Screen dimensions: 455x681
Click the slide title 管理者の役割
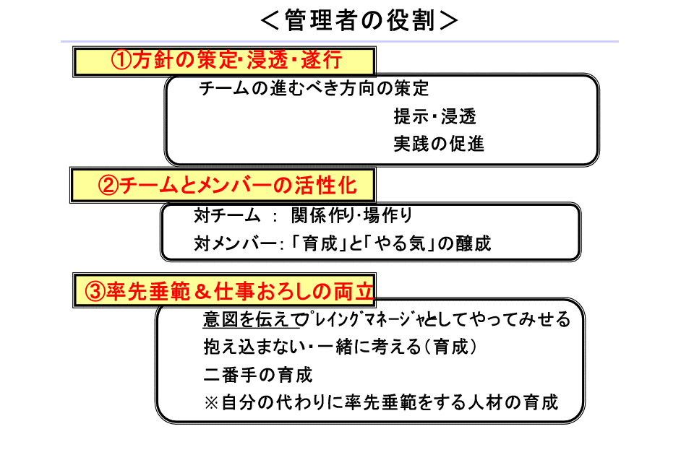click(x=359, y=20)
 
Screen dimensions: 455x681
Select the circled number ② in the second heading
click(x=108, y=186)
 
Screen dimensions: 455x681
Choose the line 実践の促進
click(x=439, y=144)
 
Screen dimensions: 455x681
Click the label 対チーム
click(x=222, y=216)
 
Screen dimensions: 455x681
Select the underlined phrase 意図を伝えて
click(x=251, y=319)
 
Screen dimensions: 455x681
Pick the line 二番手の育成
click(x=257, y=375)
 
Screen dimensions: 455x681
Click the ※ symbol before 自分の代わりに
click(x=211, y=402)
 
